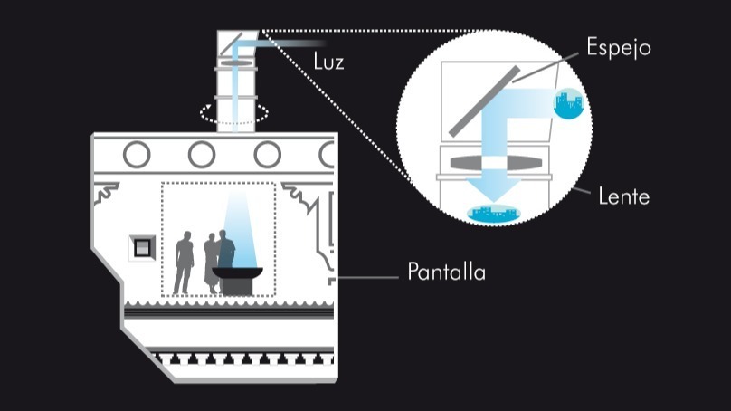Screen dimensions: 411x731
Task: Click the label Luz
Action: point(328,63)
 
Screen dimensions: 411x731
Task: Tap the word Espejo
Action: point(618,48)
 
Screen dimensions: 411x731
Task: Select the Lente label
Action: point(623,196)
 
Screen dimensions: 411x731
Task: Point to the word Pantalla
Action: point(446,272)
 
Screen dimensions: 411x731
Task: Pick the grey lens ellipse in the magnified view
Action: point(494,162)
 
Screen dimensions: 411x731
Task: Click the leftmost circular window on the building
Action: point(137,155)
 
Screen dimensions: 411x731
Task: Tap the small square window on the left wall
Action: point(142,246)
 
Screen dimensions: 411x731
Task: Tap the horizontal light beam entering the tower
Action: point(290,42)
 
